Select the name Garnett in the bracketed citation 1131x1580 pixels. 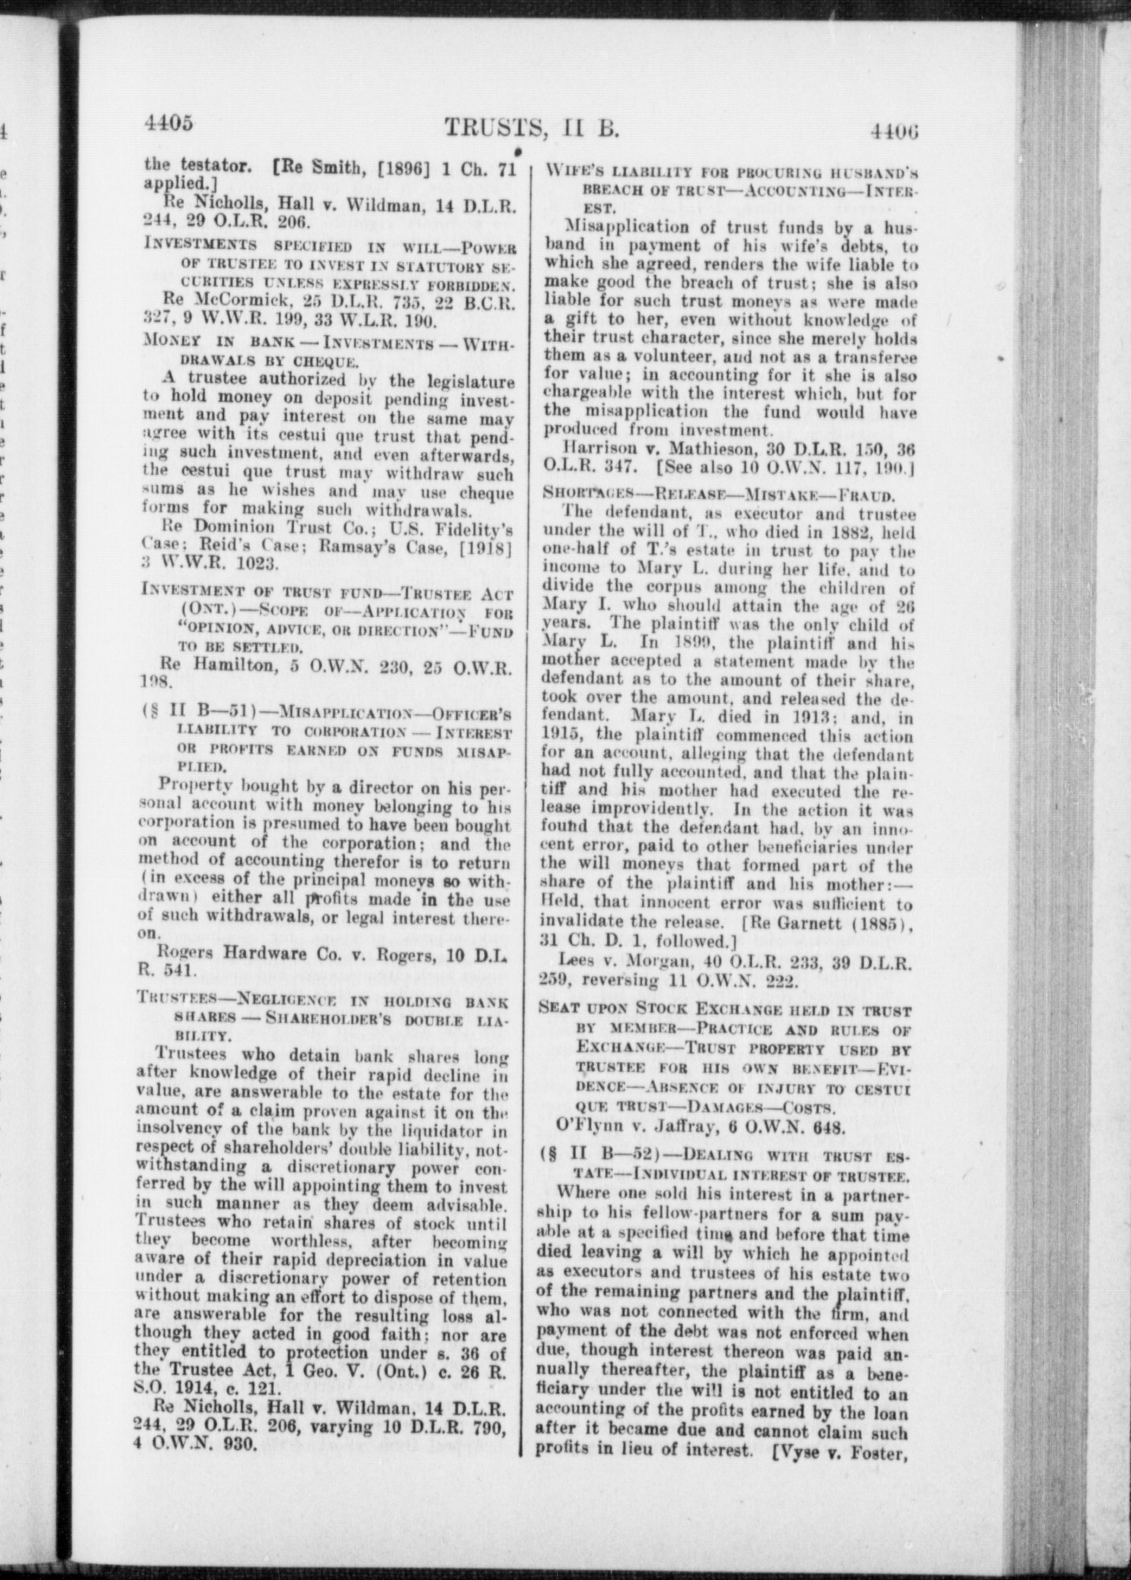pyautogui.click(x=827, y=922)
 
